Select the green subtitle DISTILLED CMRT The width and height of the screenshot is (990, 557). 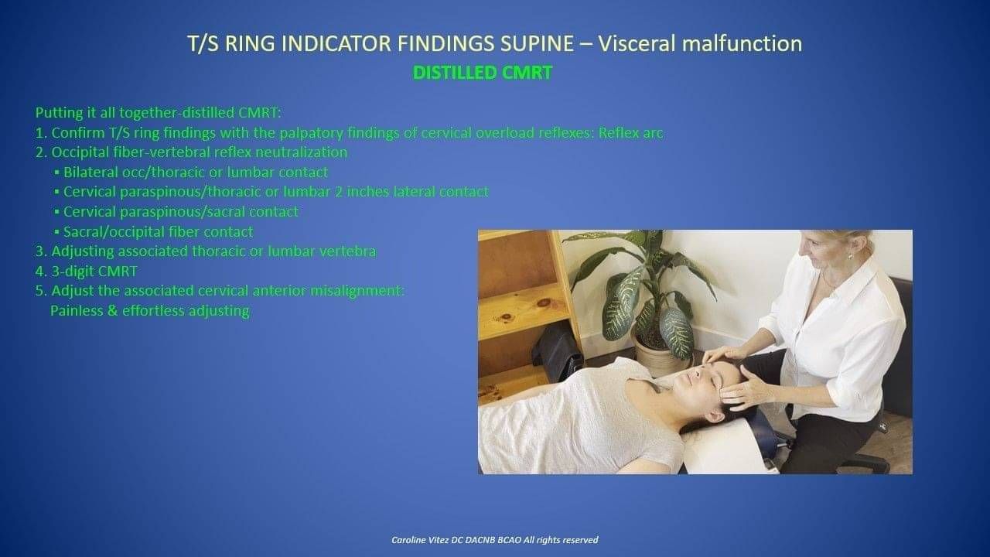[482, 73]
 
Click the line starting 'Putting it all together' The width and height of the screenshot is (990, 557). [158, 113]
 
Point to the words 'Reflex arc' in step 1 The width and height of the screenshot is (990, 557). [630, 132]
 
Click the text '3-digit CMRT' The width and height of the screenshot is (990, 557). [94, 271]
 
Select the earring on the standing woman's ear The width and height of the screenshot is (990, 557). [850, 256]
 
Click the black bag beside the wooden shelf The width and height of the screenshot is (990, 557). [555, 349]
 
